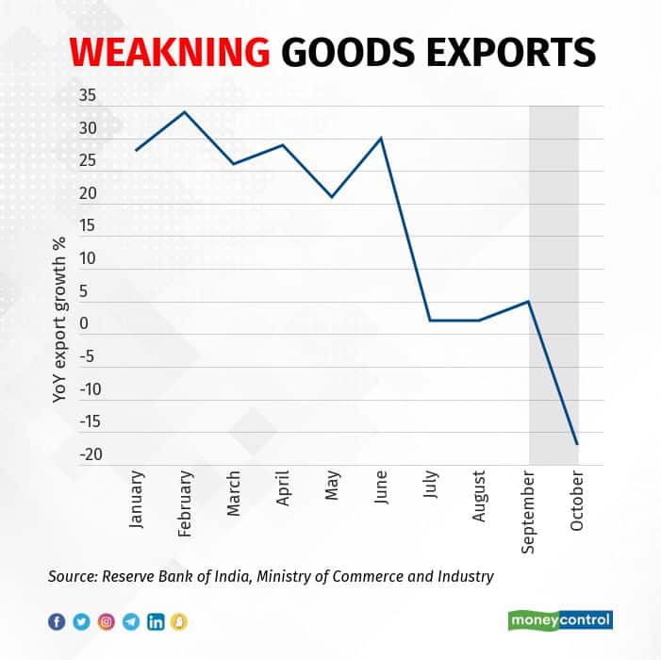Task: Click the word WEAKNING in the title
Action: (x=164, y=51)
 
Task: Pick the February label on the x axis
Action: (x=186, y=505)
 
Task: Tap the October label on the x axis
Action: (x=577, y=500)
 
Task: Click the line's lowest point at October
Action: (x=577, y=444)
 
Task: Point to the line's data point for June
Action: (x=381, y=138)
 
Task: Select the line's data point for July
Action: (x=430, y=321)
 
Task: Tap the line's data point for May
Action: (x=332, y=197)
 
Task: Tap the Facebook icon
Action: (x=58, y=621)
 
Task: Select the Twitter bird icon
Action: (x=82, y=621)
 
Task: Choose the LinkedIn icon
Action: (x=156, y=621)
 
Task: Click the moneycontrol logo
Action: (x=560, y=620)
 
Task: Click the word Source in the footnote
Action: (x=74, y=575)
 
